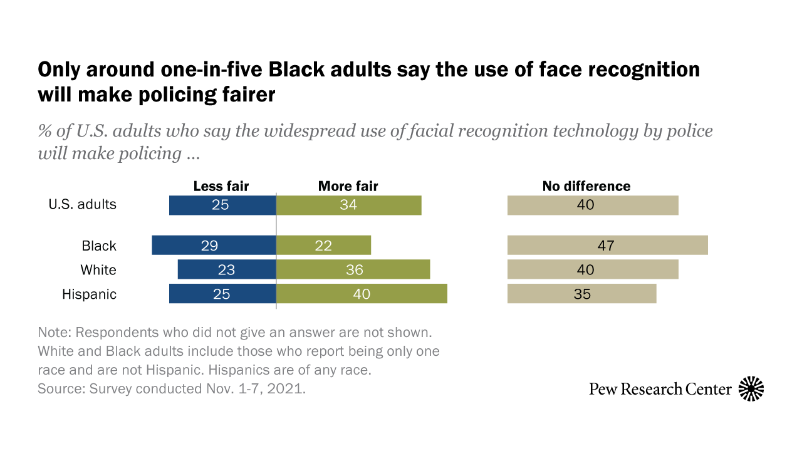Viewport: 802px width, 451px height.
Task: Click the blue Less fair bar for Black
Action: (214, 246)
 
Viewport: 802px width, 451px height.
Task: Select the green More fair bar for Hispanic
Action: (362, 294)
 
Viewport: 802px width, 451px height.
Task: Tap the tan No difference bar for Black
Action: (607, 246)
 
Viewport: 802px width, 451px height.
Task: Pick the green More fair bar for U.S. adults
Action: (348, 205)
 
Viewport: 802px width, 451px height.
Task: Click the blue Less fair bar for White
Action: (227, 270)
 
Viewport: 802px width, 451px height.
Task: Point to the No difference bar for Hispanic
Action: (581, 294)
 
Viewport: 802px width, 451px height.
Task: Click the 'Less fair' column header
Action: (221, 186)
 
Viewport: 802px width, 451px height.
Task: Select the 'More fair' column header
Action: (348, 186)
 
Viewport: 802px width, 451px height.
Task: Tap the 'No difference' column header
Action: (586, 186)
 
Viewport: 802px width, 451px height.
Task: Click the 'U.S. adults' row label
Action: (83, 204)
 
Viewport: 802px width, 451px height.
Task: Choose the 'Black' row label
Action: (99, 246)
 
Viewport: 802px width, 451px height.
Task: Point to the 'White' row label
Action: (98, 270)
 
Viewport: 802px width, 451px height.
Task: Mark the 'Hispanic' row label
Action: (89, 294)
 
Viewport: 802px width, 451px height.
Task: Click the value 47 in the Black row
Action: (606, 246)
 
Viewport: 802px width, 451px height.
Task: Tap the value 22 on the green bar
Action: (323, 246)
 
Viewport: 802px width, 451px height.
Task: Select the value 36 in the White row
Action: (354, 270)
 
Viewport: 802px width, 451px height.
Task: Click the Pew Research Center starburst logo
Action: (751, 389)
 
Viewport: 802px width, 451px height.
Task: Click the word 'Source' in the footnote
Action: (58, 388)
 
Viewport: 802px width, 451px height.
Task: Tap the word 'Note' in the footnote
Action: (53, 331)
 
